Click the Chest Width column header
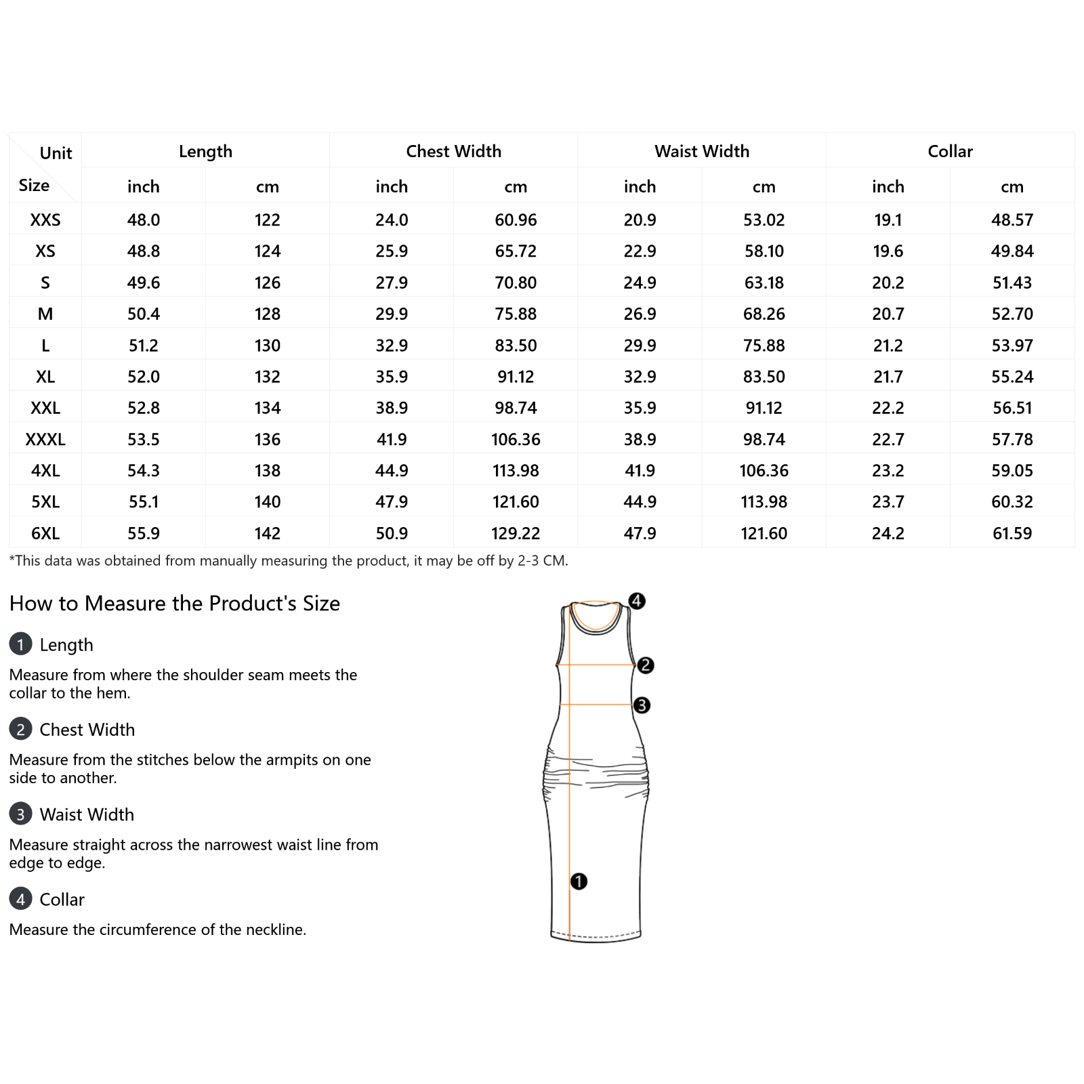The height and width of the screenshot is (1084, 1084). [x=453, y=151]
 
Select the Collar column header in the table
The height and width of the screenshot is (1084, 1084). [x=950, y=151]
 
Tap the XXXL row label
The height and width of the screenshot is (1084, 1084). [x=45, y=439]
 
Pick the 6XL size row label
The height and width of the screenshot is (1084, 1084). [x=45, y=533]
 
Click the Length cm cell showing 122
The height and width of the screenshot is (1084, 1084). [x=268, y=220]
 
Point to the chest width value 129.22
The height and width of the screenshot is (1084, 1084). [x=516, y=533]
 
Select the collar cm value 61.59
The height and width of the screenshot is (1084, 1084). [x=1012, y=533]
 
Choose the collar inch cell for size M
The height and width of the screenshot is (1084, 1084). [x=888, y=314]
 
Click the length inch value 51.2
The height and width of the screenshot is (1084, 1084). [x=144, y=346]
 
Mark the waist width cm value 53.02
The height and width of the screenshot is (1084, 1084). [x=764, y=220]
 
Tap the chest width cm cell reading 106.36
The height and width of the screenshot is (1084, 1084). [x=516, y=439]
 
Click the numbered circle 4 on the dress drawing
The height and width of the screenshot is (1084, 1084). [x=637, y=601]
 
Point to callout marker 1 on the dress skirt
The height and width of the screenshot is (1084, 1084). [x=579, y=881]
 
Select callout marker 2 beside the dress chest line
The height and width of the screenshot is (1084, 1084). [x=646, y=665]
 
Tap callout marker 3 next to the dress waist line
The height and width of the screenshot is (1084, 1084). [x=642, y=705]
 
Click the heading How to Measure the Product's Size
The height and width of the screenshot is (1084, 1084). [x=175, y=603]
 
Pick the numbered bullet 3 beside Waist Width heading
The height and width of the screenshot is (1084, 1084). [x=20, y=814]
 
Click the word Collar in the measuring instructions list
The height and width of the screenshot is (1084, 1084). [x=62, y=899]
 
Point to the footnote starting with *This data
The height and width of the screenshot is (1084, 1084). [x=289, y=561]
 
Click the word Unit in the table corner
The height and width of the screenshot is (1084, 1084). [x=56, y=153]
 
